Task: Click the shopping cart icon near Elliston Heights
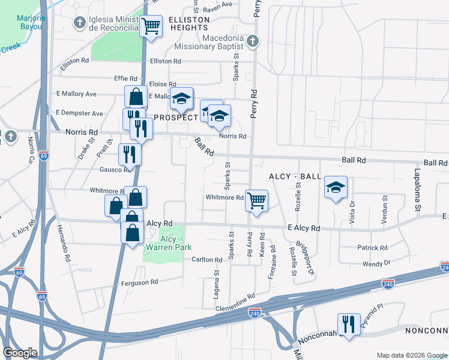pyautogui.click(x=151, y=26)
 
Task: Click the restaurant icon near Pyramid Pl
pyautogui.click(x=349, y=324)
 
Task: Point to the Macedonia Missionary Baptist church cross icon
pyautogui.click(x=253, y=41)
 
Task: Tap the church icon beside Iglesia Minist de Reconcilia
pyautogui.click(x=79, y=22)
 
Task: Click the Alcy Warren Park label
pyautogui.click(x=167, y=243)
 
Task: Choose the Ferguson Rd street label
pyautogui.click(x=139, y=282)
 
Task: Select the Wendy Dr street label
pyautogui.click(x=376, y=263)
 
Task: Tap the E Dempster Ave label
pyautogui.click(x=79, y=113)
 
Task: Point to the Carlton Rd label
pyautogui.click(x=207, y=260)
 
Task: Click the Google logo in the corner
pyautogui.click(x=20, y=353)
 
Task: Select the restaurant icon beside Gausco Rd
pyautogui.click(x=130, y=155)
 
